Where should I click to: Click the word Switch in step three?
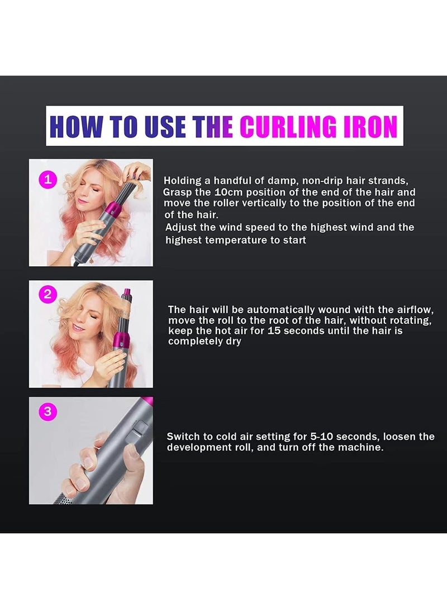point(183,437)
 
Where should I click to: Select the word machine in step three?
point(363,448)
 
